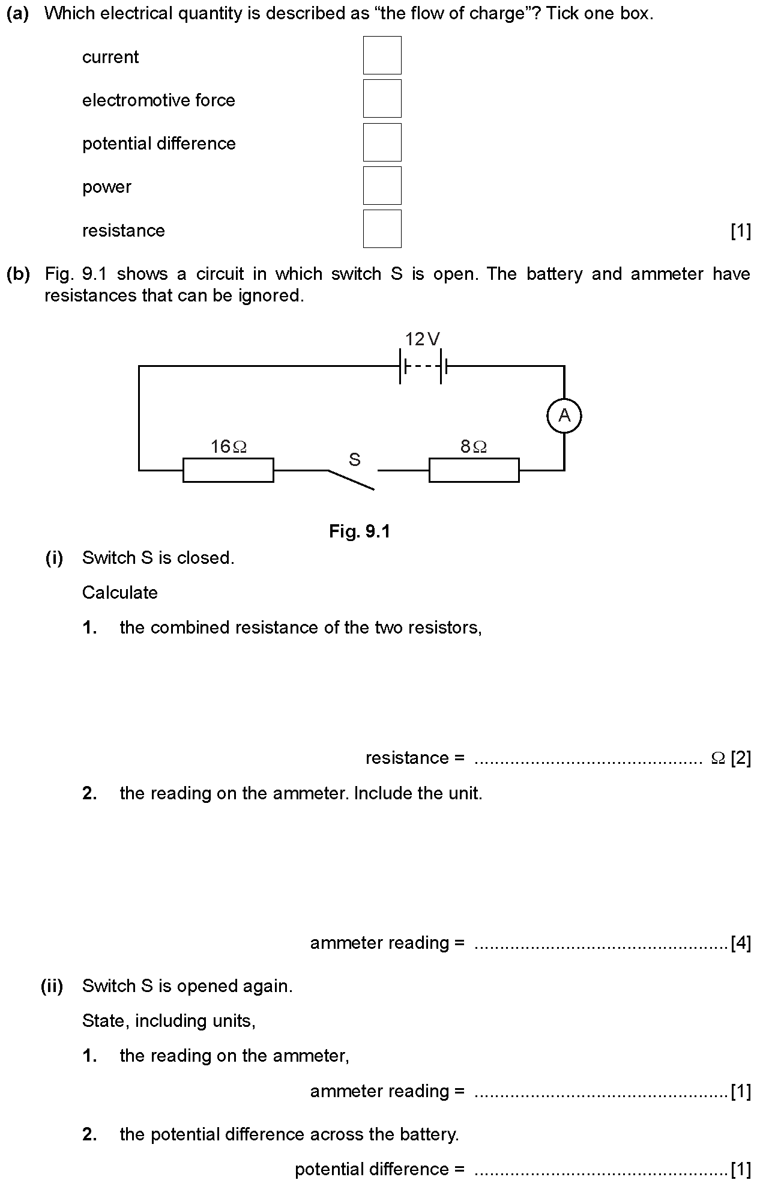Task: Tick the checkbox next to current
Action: pyautogui.click(x=382, y=55)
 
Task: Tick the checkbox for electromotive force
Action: pyautogui.click(x=382, y=98)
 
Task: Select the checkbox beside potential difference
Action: pyautogui.click(x=382, y=142)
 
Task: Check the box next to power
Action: pyautogui.click(x=382, y=186)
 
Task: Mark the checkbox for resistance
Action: pyautogui.click(x=382, y=229)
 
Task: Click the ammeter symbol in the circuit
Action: pyautogui.click(x=564, y=416)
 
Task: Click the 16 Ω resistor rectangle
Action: pyautogui.click(x=228, y=470)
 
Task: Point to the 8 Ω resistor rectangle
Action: pyautogui.click(x=474, y=470)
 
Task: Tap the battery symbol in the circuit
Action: pyautogui.click(x=423, y=366)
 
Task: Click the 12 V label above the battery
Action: pyautogui.click(x=422, y=340)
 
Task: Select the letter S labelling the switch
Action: pyautogui.click(x=355, y=460)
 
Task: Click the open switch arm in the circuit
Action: pyautogui.click(x=352, y=480)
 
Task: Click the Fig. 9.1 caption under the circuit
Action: pyautogui.click(x=360, y=531)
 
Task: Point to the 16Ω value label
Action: pyautogui.click(x=228, y=447)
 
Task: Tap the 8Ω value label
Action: pyautogui.click(x=474, y=447)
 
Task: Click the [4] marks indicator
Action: pyautogui.click(x=741, y=943)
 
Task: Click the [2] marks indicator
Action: pyautogui.click(x=741, y=758)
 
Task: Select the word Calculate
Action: pyautogui.click(x=120, y=593)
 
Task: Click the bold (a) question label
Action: pyautogui.click(x=18, y=14)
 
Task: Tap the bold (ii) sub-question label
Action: pyautogui.click(x=52, y=986)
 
